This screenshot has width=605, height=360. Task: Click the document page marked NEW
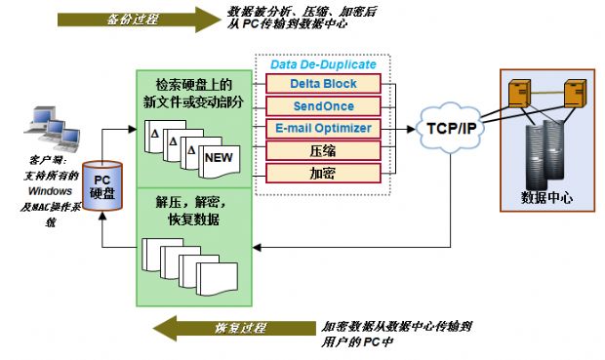(222, 157)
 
